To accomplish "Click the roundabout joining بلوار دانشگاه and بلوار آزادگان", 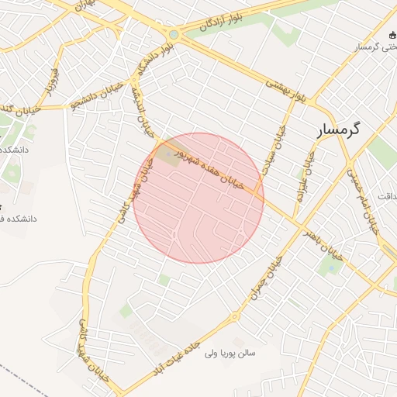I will click(x=174, y=34).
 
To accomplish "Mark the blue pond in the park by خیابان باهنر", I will click(x=333, y=268).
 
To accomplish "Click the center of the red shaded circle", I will click(x=198, y=198).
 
